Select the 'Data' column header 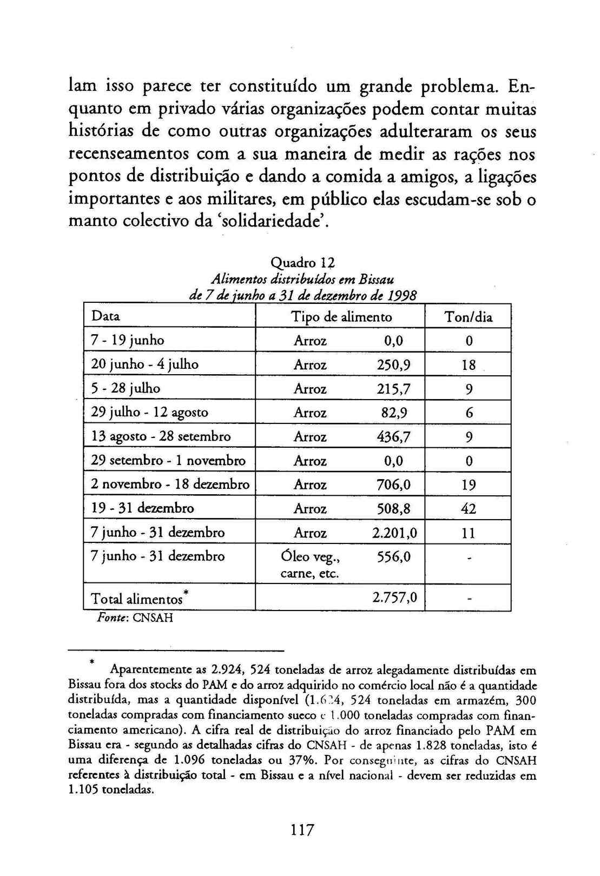pyautogui.click(x=106, y=316)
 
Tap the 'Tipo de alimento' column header pyautogui.click(x=341, y=316)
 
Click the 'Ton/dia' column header pyautogui.click(x=468, y=317)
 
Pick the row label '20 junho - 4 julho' pyautogui.click(x=144, y=364)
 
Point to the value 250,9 pyautogui.click(x=393, y=364)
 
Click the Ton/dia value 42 pyautogui.click(x=469, y=508)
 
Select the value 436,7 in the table pyautogui.click(x=393, y=436)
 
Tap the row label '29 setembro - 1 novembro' pyautogui.click(x=168, y=460)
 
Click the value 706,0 pyautogui.click(x=393, y=484)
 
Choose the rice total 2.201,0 pyautogui.click(x=394, y=533)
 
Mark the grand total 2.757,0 pyautogui.click(x=394, y=597)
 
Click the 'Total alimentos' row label pyautogui.click(x=140, y=598)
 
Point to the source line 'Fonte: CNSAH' pyautogui.click(x=135, y=618)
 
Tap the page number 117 pyautogui.click(x=302, y=830)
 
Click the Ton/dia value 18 pyautogui.click(x=469, y=365)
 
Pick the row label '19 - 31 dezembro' pyautogui.click(x=142, y=508)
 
